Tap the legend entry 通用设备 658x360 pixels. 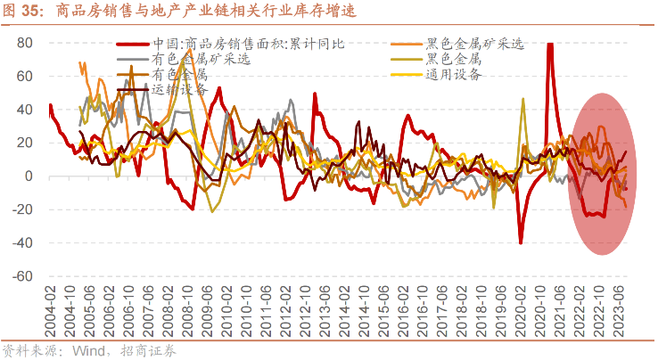coord(455,74)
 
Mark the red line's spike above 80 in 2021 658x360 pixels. coord(549,46)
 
